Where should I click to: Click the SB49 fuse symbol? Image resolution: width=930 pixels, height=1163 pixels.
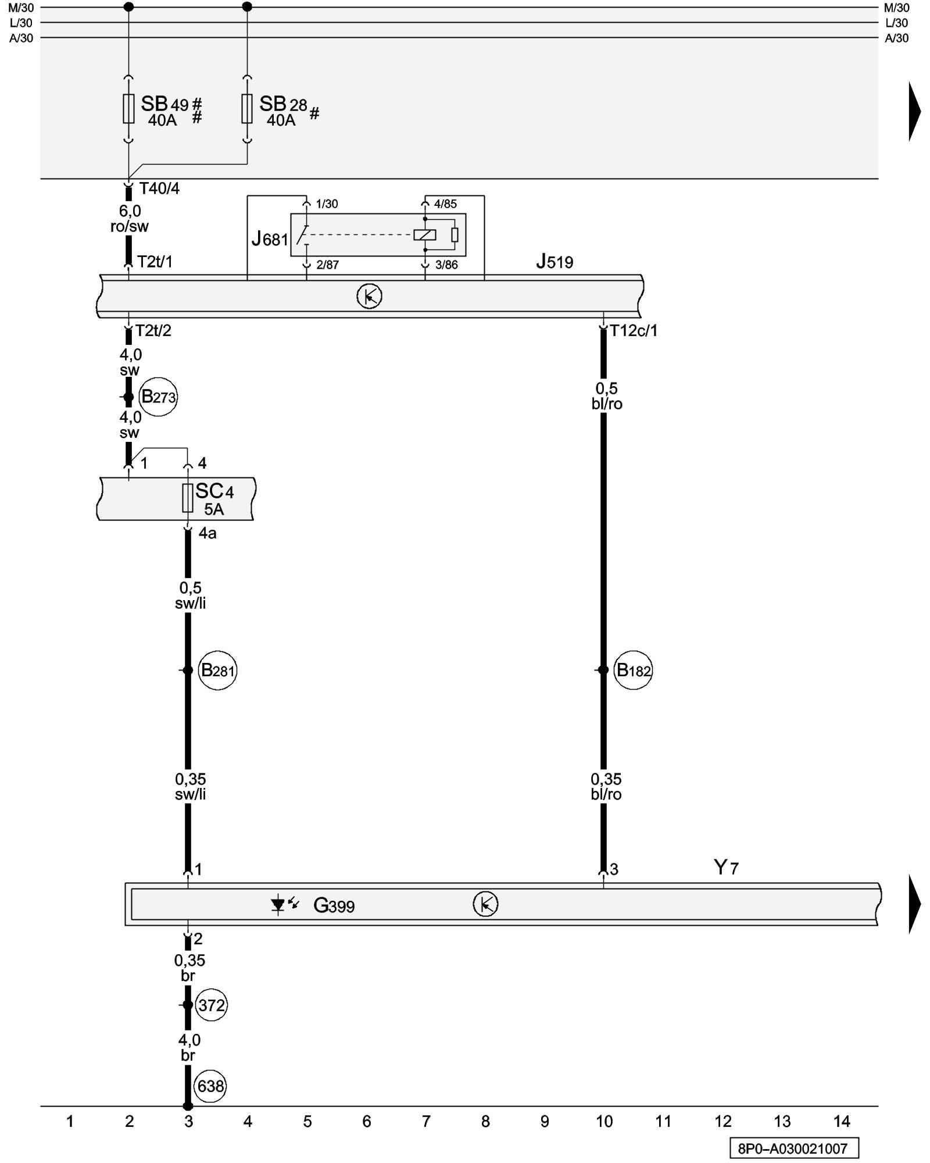click(x=128, y=109)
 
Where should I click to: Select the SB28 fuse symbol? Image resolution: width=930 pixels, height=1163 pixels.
click(x=247, y=109)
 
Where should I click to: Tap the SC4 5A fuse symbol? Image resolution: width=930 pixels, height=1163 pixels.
click(x=188, y=498)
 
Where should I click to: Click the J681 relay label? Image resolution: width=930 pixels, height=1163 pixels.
click(x=270, y=238)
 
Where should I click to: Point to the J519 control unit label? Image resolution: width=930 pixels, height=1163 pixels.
click(x=555, y=262)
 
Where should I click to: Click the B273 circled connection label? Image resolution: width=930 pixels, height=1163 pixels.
click(x=158, y=397)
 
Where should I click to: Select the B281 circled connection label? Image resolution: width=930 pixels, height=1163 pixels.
click(x=217, y=670)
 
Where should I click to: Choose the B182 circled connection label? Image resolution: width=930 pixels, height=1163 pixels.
click(x=633, y=670)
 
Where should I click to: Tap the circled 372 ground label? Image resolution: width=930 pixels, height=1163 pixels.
click(x=211, y=1005)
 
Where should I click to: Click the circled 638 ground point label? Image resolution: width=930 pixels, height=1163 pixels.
click(x=210, y=1086)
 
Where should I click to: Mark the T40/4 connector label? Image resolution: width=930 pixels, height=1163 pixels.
click(x=159, y=188)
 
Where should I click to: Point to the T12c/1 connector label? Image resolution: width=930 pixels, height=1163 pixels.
click(x=634, y=331)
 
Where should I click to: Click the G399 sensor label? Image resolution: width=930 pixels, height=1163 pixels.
click(x=334, y=905)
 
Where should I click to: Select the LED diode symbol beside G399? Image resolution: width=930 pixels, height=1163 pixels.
click(x=279, y=905)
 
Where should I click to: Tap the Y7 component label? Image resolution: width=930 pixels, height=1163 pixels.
click(x=726, y=868)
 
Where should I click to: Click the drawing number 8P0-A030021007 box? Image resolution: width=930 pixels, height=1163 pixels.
click(x=793, y=1148)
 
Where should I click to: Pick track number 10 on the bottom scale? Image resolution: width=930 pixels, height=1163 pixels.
click(x=604, y=1122)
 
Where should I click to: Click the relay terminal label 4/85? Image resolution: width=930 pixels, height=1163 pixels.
click(x=445, y=204)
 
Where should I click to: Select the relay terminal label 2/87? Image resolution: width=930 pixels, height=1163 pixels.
click(x=327, y=265)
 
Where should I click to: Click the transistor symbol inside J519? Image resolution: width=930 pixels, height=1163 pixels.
click(x=369, y=297)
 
